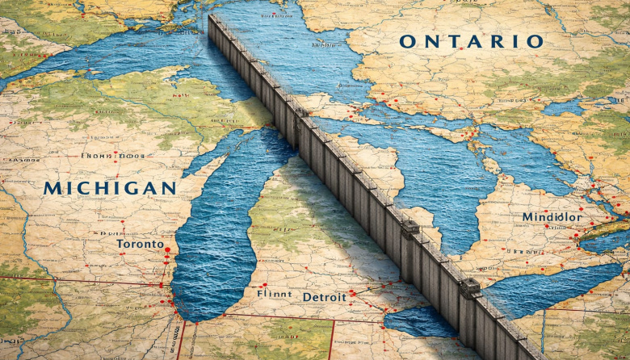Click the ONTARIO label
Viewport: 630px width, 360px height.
471,41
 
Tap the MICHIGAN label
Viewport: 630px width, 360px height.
110,188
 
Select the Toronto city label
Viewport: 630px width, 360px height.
139,243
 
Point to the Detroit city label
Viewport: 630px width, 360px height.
324,297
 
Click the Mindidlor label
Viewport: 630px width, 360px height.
551,217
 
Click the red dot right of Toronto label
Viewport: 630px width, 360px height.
168,249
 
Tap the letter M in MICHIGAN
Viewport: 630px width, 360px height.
52,188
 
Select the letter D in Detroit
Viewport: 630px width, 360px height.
307,297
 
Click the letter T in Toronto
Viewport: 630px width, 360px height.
120,243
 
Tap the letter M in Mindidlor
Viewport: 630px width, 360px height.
527,217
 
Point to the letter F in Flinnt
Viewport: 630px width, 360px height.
258,295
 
